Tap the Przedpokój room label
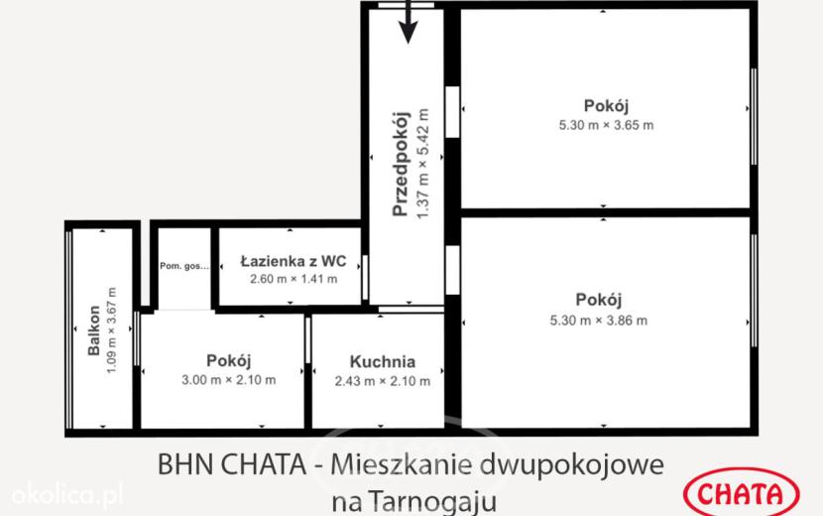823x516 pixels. point(401,165)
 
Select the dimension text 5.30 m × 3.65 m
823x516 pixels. point(606,125)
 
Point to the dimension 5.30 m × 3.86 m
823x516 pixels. point(598,321)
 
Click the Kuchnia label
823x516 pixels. point(383,361)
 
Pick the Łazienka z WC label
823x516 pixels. point(294,261)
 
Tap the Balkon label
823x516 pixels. point(94,330)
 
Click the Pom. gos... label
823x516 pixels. point(184,266)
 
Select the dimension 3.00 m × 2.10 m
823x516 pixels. point(229,380)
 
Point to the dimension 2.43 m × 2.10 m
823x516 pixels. point(383,381)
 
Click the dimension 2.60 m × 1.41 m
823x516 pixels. point(294,279)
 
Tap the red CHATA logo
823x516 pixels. point(741,493)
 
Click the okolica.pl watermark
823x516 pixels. point(67,494)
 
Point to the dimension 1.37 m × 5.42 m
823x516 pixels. point(423,165)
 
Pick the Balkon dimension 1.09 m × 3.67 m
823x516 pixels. point(111,330)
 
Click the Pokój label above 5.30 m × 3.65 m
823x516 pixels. point(606,105)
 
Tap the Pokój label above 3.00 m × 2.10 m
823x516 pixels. point(229,360)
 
